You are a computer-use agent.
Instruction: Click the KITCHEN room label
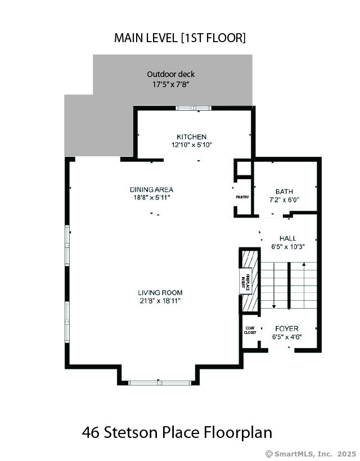191,137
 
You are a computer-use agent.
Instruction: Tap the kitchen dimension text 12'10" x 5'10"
192,145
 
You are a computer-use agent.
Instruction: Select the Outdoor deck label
171,74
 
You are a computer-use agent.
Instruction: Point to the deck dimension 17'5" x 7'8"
170,85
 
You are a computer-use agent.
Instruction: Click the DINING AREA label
151,189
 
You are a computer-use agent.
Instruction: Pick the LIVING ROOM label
160,293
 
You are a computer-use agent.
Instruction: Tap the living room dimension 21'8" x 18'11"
160,301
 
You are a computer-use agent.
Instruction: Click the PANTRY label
242,197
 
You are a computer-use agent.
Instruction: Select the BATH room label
284,192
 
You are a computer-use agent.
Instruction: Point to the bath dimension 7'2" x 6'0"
284,200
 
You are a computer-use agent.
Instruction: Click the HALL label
287,238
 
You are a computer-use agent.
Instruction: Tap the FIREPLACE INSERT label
245,281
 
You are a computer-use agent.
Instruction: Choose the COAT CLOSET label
250,330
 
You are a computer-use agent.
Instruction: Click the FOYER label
287,329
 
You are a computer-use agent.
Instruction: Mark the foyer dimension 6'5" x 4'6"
287,337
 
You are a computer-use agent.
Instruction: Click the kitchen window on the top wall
193,108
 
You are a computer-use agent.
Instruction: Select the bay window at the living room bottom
160,383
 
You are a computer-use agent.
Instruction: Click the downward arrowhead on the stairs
274,306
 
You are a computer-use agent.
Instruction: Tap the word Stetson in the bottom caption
132,432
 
